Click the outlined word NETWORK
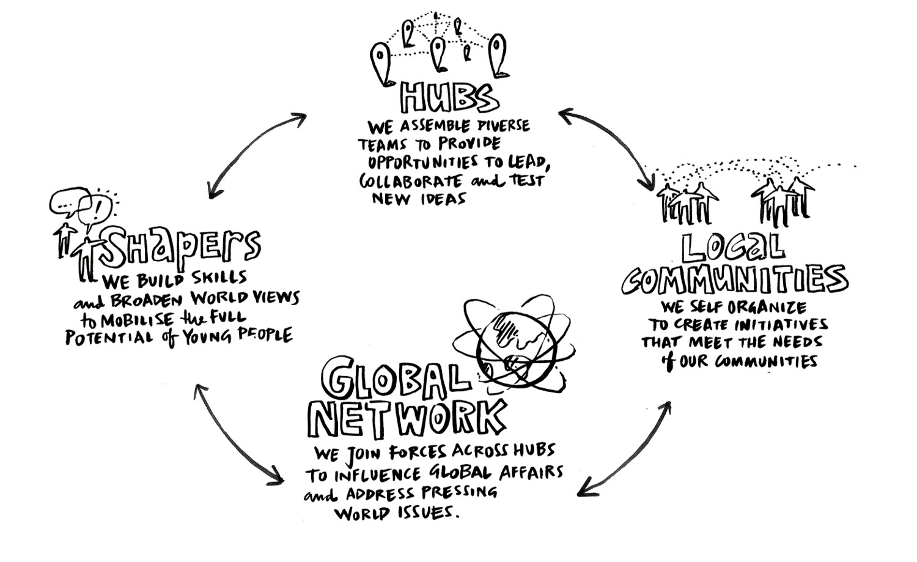point(406,420)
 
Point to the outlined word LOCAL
point(732,248)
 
